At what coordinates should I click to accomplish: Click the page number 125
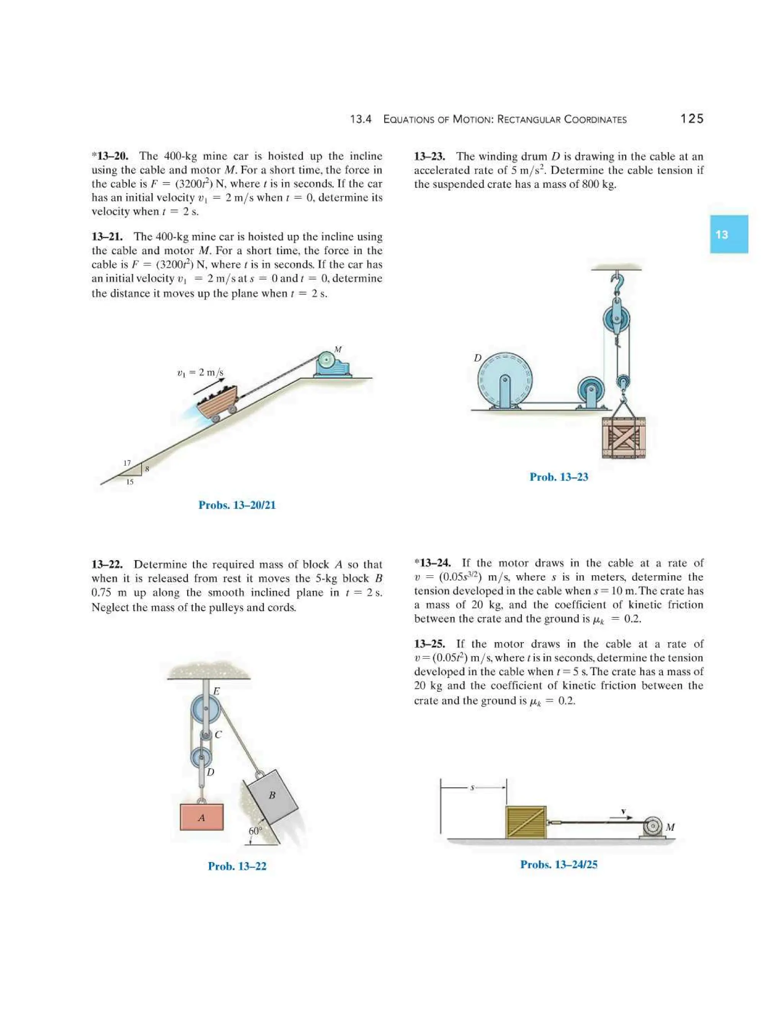692,119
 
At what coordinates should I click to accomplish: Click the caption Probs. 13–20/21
237,505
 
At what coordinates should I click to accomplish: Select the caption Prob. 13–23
559,477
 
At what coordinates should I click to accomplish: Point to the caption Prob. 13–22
237,866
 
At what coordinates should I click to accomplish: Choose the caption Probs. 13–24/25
559,864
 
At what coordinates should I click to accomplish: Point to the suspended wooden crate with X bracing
623,437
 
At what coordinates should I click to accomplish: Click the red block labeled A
202,817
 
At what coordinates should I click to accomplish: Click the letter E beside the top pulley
216,691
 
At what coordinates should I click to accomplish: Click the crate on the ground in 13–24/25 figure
525,822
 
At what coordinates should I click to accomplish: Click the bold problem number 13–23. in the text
429,156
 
